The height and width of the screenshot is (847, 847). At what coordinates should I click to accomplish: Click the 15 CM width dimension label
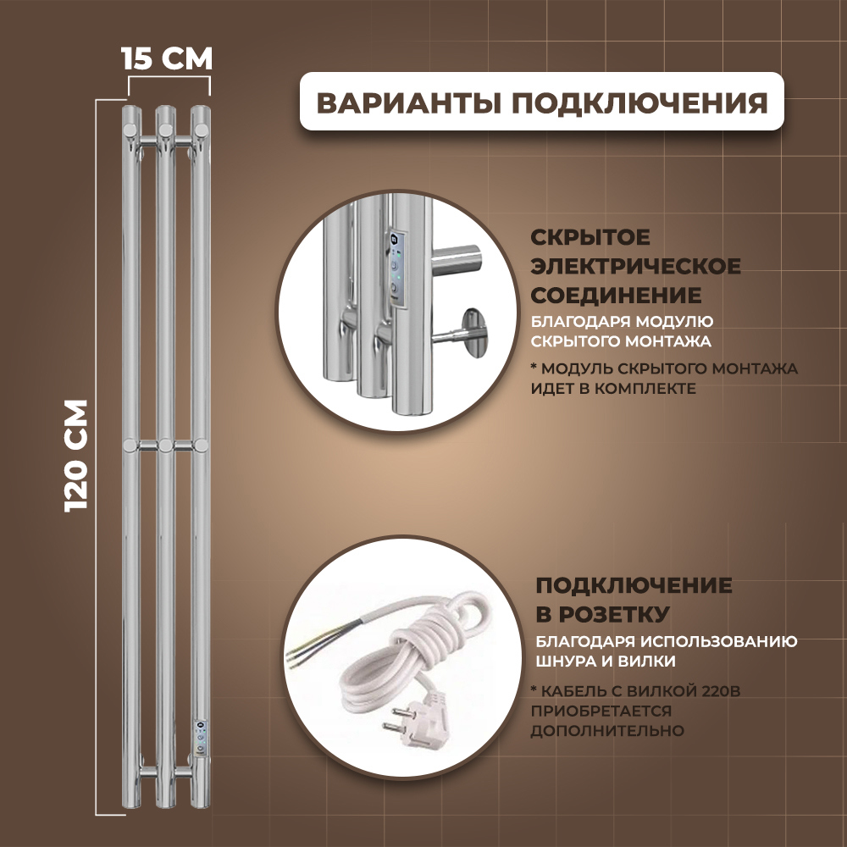tap(166, 59)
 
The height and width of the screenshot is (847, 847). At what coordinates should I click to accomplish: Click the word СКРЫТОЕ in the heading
tap(590, 238)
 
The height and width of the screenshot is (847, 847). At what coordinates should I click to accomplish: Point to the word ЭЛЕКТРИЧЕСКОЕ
tap(635, 267)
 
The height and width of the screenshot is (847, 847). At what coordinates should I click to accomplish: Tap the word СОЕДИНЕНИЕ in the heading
tap(615, 296)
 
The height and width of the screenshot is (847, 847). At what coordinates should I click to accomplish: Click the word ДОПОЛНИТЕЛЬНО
tap(607, 730)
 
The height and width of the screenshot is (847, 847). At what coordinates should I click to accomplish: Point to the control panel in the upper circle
tap(395, 266)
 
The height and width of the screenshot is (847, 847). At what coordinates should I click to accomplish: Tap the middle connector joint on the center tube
tap(165, 445)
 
